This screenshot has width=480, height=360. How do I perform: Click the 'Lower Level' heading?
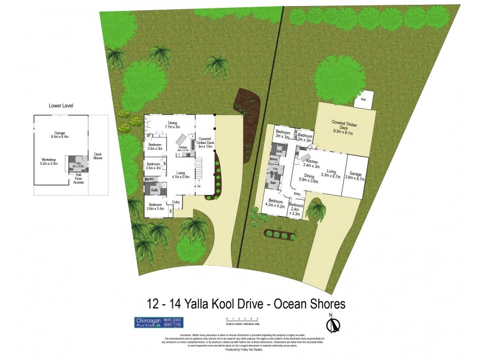click(61, 106)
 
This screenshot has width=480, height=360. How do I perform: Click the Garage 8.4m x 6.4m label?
click(59, 135)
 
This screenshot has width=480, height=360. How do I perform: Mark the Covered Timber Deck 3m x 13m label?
click(205, 142)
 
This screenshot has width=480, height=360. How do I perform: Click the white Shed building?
click(363, 101)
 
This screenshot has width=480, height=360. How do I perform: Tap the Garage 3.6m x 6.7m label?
click(357, 176)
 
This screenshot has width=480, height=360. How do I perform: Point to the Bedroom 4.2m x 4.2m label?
click(277, 203)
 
